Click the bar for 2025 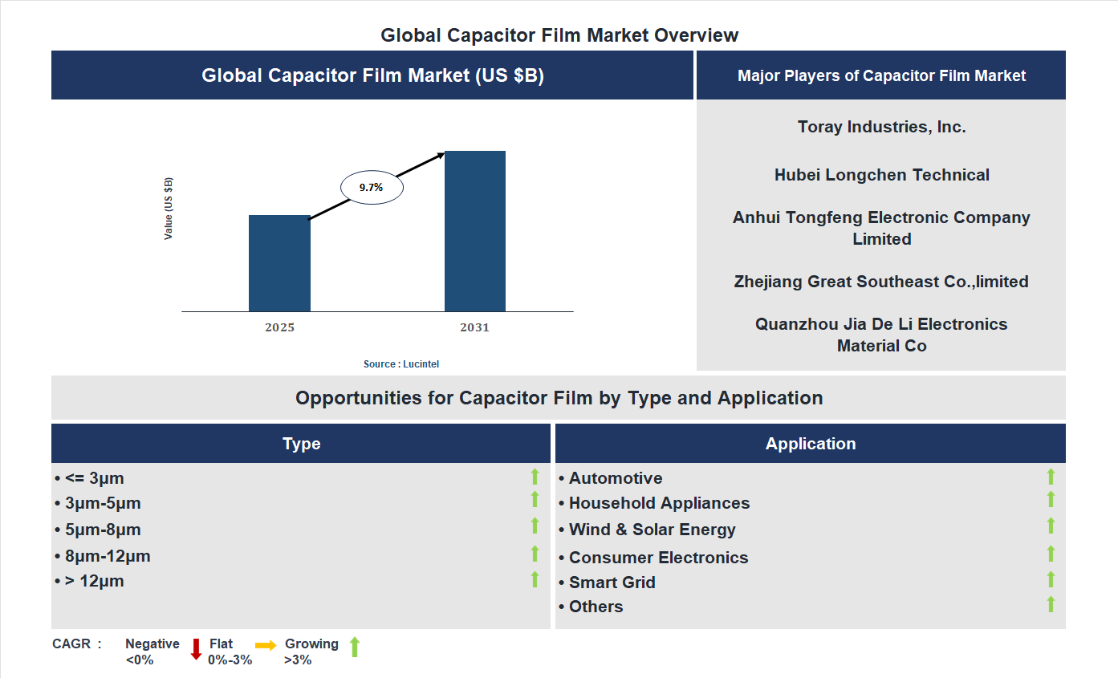[x=279, y=263]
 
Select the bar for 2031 [x=475, y=231]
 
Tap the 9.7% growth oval [x=372, y=187]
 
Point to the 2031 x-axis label [x=474, y=327]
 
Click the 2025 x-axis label [x=280, y=327]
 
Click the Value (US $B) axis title [x=169, y=209]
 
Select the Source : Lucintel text [x=401, y=364]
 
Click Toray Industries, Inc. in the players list [x=881, y=127]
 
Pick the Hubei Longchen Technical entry [x=881, y=175]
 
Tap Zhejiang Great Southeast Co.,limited [x=881, y=282]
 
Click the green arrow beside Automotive [x=1051, y=477]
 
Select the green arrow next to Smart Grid [x=1051, y=580]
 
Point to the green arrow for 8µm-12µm [x=535, y=554]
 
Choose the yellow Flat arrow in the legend [x=266, y=645]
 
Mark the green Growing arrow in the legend [x=355, y=647]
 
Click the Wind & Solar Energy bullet [x=652, y=530]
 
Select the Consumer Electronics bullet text [x=658, y=558]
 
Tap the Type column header [x=302, y=444]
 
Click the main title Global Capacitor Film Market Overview [x=559, y=35]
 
